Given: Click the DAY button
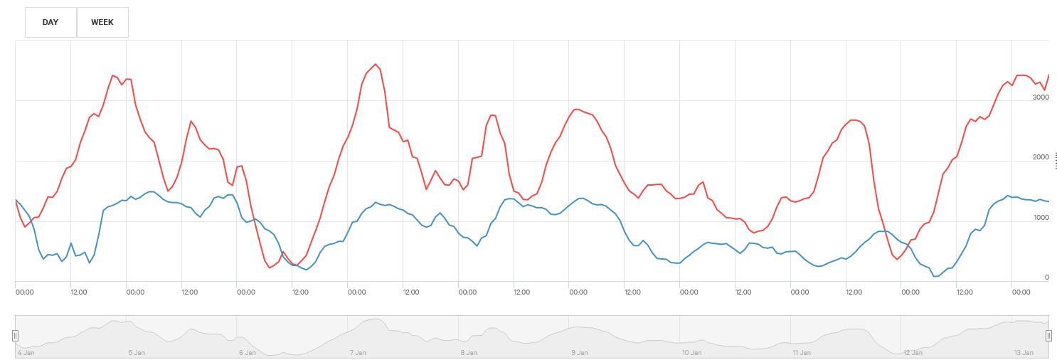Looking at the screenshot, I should pyautogui.click(x=51, y=22).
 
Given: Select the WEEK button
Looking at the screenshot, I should pyautogui.click(x=102, y=22).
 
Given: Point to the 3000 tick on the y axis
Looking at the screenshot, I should pyautogui.click(x=1040, y=97).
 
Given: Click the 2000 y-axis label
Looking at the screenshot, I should pyautogui.click(x=1040, y=157).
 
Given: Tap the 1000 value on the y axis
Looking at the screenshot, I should pyautogui.click(x=1040, y=218).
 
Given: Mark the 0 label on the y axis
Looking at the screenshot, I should pyautogui.click(x=1046, y=277).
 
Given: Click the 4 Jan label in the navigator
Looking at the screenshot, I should pyautogui.click(x=26, y=353).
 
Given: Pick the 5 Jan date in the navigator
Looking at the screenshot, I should pyautogui.click(x=137, y=353).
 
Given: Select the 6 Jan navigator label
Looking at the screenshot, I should pyautogui.click(x=248, y=353).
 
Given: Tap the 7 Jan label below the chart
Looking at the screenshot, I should pyautogui.click(x=358, y=353).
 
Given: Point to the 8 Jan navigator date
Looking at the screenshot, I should pyautogui.click(x=469, y=353).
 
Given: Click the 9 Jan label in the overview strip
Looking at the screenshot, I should pyautogui.click(x=580, y=353).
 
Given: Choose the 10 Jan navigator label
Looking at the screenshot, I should pyautogui.click(x=691, y=353).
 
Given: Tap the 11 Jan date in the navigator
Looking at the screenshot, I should pyautogui.click(x=802, y=353).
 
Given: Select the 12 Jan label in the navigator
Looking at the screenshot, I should pyautogui.click(x=913, y=353).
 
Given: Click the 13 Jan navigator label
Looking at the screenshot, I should pyautogui.click(x=1023, y=353).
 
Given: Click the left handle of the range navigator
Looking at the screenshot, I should pyautogui.click(x=15, y=335).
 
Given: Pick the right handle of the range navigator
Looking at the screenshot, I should pyautogui.click(x=1048, y=335).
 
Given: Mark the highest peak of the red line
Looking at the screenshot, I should pyautogui.click(x=376, y=65).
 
